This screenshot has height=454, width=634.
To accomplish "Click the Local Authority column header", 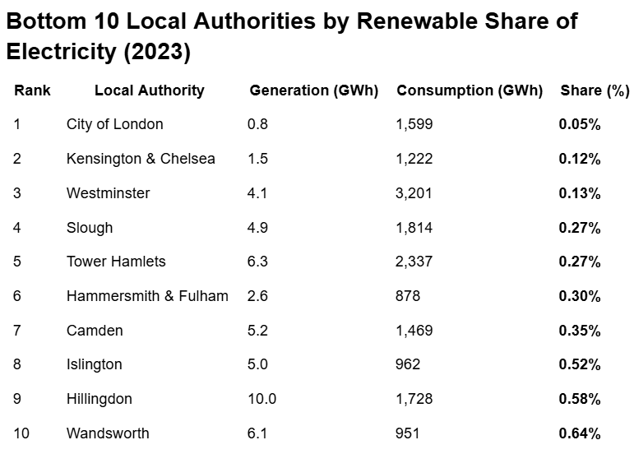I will click(149, 90).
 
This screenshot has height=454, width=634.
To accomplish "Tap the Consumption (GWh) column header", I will click(470, 90).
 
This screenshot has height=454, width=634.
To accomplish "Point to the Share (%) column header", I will click(595, 90).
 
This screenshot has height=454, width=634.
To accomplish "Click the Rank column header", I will click(32, 90).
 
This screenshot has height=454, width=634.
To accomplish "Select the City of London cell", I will click(114, 124).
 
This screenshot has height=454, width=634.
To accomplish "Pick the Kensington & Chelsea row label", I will click(141, 159).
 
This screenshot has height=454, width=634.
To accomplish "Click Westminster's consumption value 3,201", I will click(414, 193).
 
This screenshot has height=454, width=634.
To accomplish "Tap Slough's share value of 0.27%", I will click(580, 228).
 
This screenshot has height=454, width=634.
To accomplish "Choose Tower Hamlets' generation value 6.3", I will click(257, 262).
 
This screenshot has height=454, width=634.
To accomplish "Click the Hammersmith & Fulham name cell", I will click(147, 296).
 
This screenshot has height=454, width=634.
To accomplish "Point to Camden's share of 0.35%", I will click(580, 331).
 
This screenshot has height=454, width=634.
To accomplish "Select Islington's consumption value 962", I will click(408, 364).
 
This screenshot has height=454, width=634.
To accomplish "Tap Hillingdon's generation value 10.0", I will click(261, 399).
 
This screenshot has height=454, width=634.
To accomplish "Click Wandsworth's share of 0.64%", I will click(580, 433).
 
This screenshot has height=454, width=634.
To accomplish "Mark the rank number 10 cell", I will click(21, 433).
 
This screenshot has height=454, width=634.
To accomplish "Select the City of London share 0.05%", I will click(580, 124).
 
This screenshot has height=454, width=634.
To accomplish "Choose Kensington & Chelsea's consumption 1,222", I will click(414, 159).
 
